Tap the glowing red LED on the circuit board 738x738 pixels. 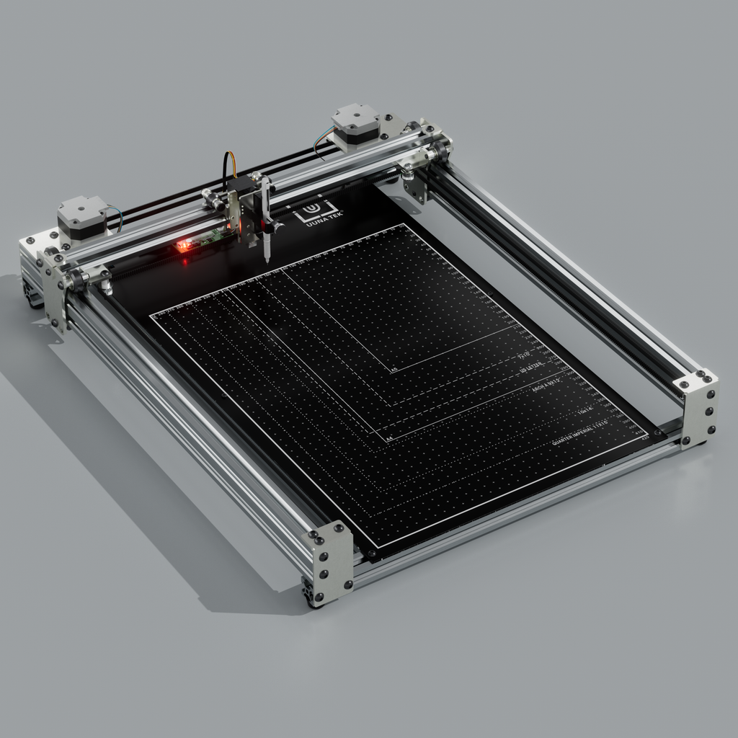pyautogui.click(x=184, y=246)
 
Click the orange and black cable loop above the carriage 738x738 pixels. pyautogui.click(x=230, y=166)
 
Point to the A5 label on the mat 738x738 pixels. pyautogui.click(x=394, y=370)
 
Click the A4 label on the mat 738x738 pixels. pyautogui.click(x=389, y=437)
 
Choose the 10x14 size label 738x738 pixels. pyautogui.click(x=584, y=412)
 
